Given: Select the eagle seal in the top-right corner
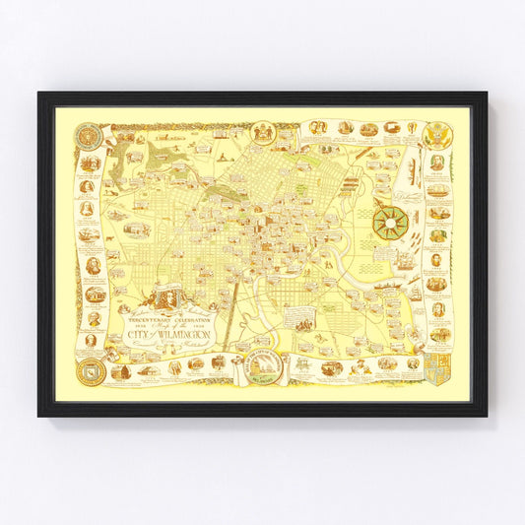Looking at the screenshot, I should [438, 136].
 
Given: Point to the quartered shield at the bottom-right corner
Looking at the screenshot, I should [438, 369].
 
